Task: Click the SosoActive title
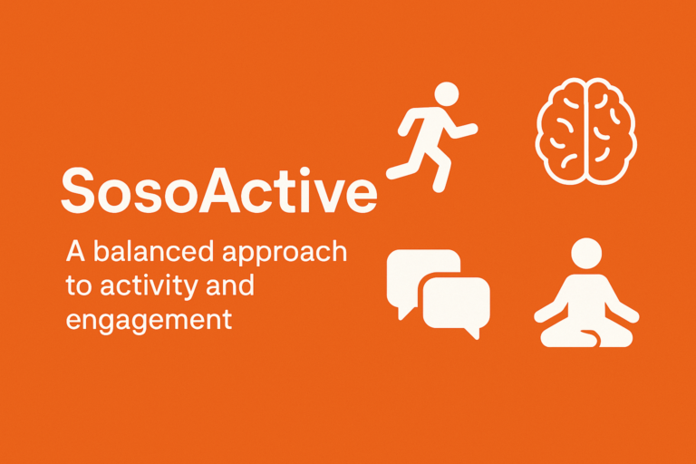[217, 191]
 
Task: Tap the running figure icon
[430, 136]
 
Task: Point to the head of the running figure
[447, 94]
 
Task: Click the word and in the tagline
[229, 286]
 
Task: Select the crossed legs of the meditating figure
[586, 333]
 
